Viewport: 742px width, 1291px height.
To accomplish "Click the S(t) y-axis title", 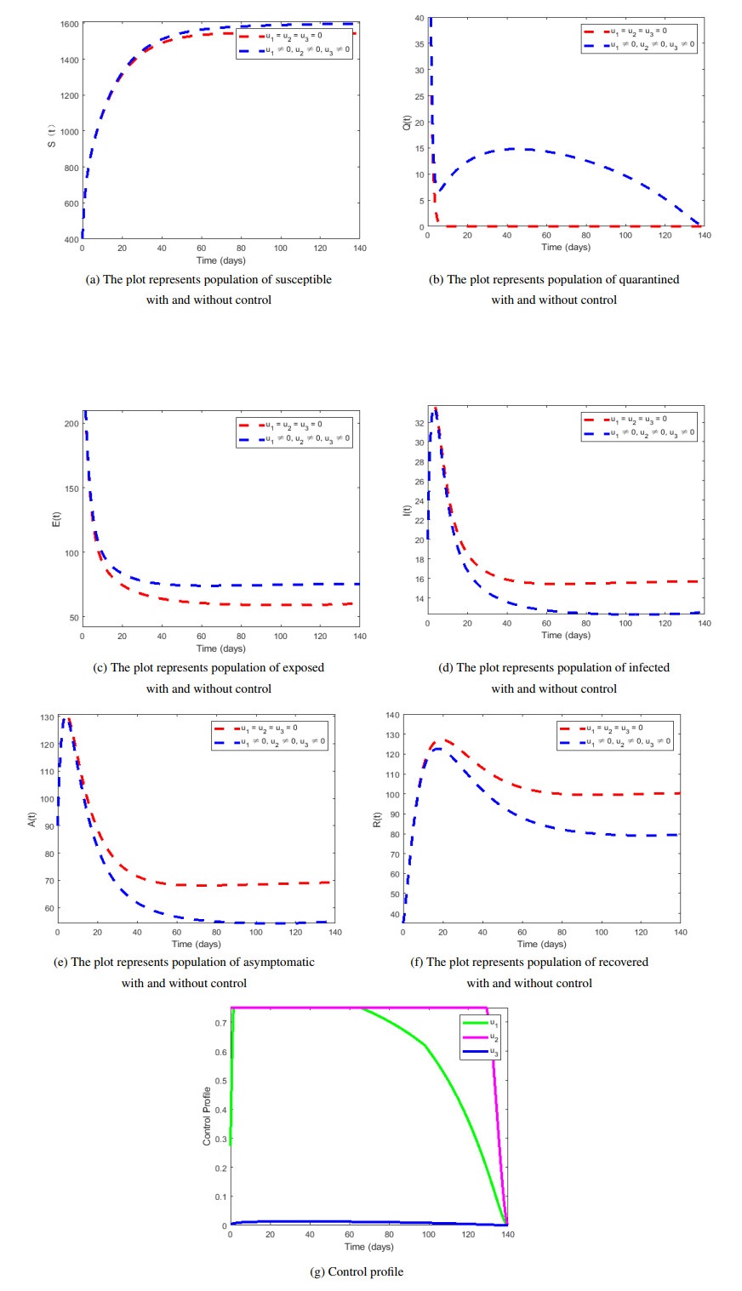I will [52, 137].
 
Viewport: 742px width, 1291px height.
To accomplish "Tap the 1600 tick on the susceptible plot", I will [69, 24].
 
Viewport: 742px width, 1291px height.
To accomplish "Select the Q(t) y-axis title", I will [406, 123].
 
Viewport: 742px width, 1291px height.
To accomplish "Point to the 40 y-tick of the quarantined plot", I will [419, 18].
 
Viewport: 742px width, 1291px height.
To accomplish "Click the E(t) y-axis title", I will [56, 519].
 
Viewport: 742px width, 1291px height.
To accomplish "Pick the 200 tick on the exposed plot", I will [71, 424].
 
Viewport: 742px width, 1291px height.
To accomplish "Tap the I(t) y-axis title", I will [406, 510].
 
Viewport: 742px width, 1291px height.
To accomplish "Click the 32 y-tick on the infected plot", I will [419, 423].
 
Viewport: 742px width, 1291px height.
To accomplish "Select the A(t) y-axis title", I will [32, 820].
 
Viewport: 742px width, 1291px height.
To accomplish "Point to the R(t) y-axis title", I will [378, 820].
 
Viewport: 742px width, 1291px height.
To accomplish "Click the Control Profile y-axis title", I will [207, 1115].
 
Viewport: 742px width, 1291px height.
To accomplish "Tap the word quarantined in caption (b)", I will [648, 279].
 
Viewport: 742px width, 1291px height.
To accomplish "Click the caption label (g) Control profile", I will [357, 1271].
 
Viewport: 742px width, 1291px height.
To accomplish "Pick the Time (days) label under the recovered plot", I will [541, 944].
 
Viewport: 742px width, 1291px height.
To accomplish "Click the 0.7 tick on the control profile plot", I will [220, 1023].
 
